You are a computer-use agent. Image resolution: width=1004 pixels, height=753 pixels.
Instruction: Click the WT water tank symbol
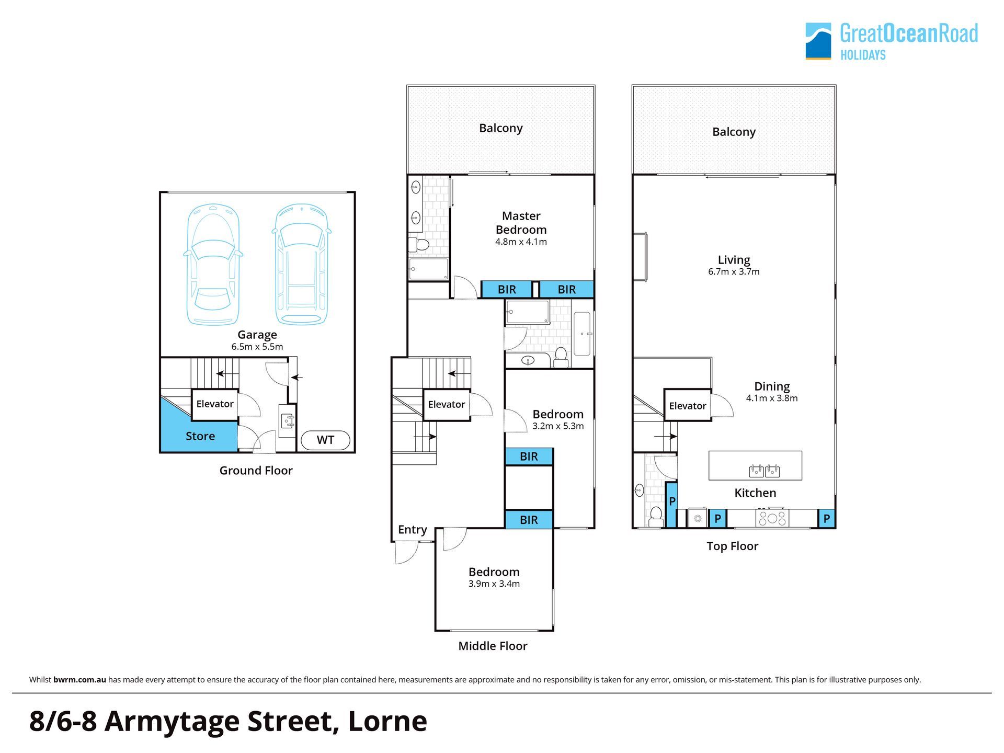(x=325, y=440)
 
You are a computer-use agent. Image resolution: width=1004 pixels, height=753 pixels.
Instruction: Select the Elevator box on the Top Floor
(x=687, y=405)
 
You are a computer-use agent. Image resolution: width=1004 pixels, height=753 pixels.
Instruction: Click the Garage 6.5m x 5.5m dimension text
(x=257, y=347)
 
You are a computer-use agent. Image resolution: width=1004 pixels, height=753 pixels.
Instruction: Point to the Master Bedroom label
(x=521, y=223)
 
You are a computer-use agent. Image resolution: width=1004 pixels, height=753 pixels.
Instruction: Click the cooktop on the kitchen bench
(x=772, y=518)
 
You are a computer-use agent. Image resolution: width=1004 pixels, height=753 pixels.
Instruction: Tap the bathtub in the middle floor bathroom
(x=582, y=333)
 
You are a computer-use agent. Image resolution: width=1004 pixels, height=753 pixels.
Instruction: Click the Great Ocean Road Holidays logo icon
(x=818, y=41)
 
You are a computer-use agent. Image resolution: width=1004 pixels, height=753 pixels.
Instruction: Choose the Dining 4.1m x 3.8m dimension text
(x=772, y=398)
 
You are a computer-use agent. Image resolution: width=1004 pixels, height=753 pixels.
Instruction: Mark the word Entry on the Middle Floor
(x=413, y=530)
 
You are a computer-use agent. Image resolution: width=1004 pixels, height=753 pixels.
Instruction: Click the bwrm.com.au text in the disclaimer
(x=79, y=680)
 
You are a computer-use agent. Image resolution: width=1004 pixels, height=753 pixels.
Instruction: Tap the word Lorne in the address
(x=387, y=721)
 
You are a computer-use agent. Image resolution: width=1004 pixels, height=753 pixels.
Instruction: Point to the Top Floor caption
(x=732, y=546)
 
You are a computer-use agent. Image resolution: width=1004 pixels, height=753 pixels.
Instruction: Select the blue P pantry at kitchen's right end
(x=827, y=519)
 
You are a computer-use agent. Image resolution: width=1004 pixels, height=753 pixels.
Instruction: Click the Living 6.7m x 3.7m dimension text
(x=734, y=272)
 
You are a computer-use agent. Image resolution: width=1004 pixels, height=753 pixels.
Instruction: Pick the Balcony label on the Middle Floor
(x=501, y=128)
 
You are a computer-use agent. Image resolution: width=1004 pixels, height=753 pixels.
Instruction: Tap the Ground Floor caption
(x=256, y=471)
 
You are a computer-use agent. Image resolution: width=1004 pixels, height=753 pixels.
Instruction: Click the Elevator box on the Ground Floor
(x=215, y=404)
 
